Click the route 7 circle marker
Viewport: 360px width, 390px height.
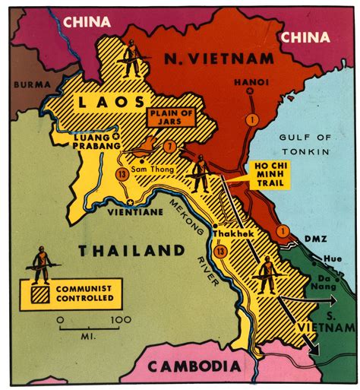(171, 146)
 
